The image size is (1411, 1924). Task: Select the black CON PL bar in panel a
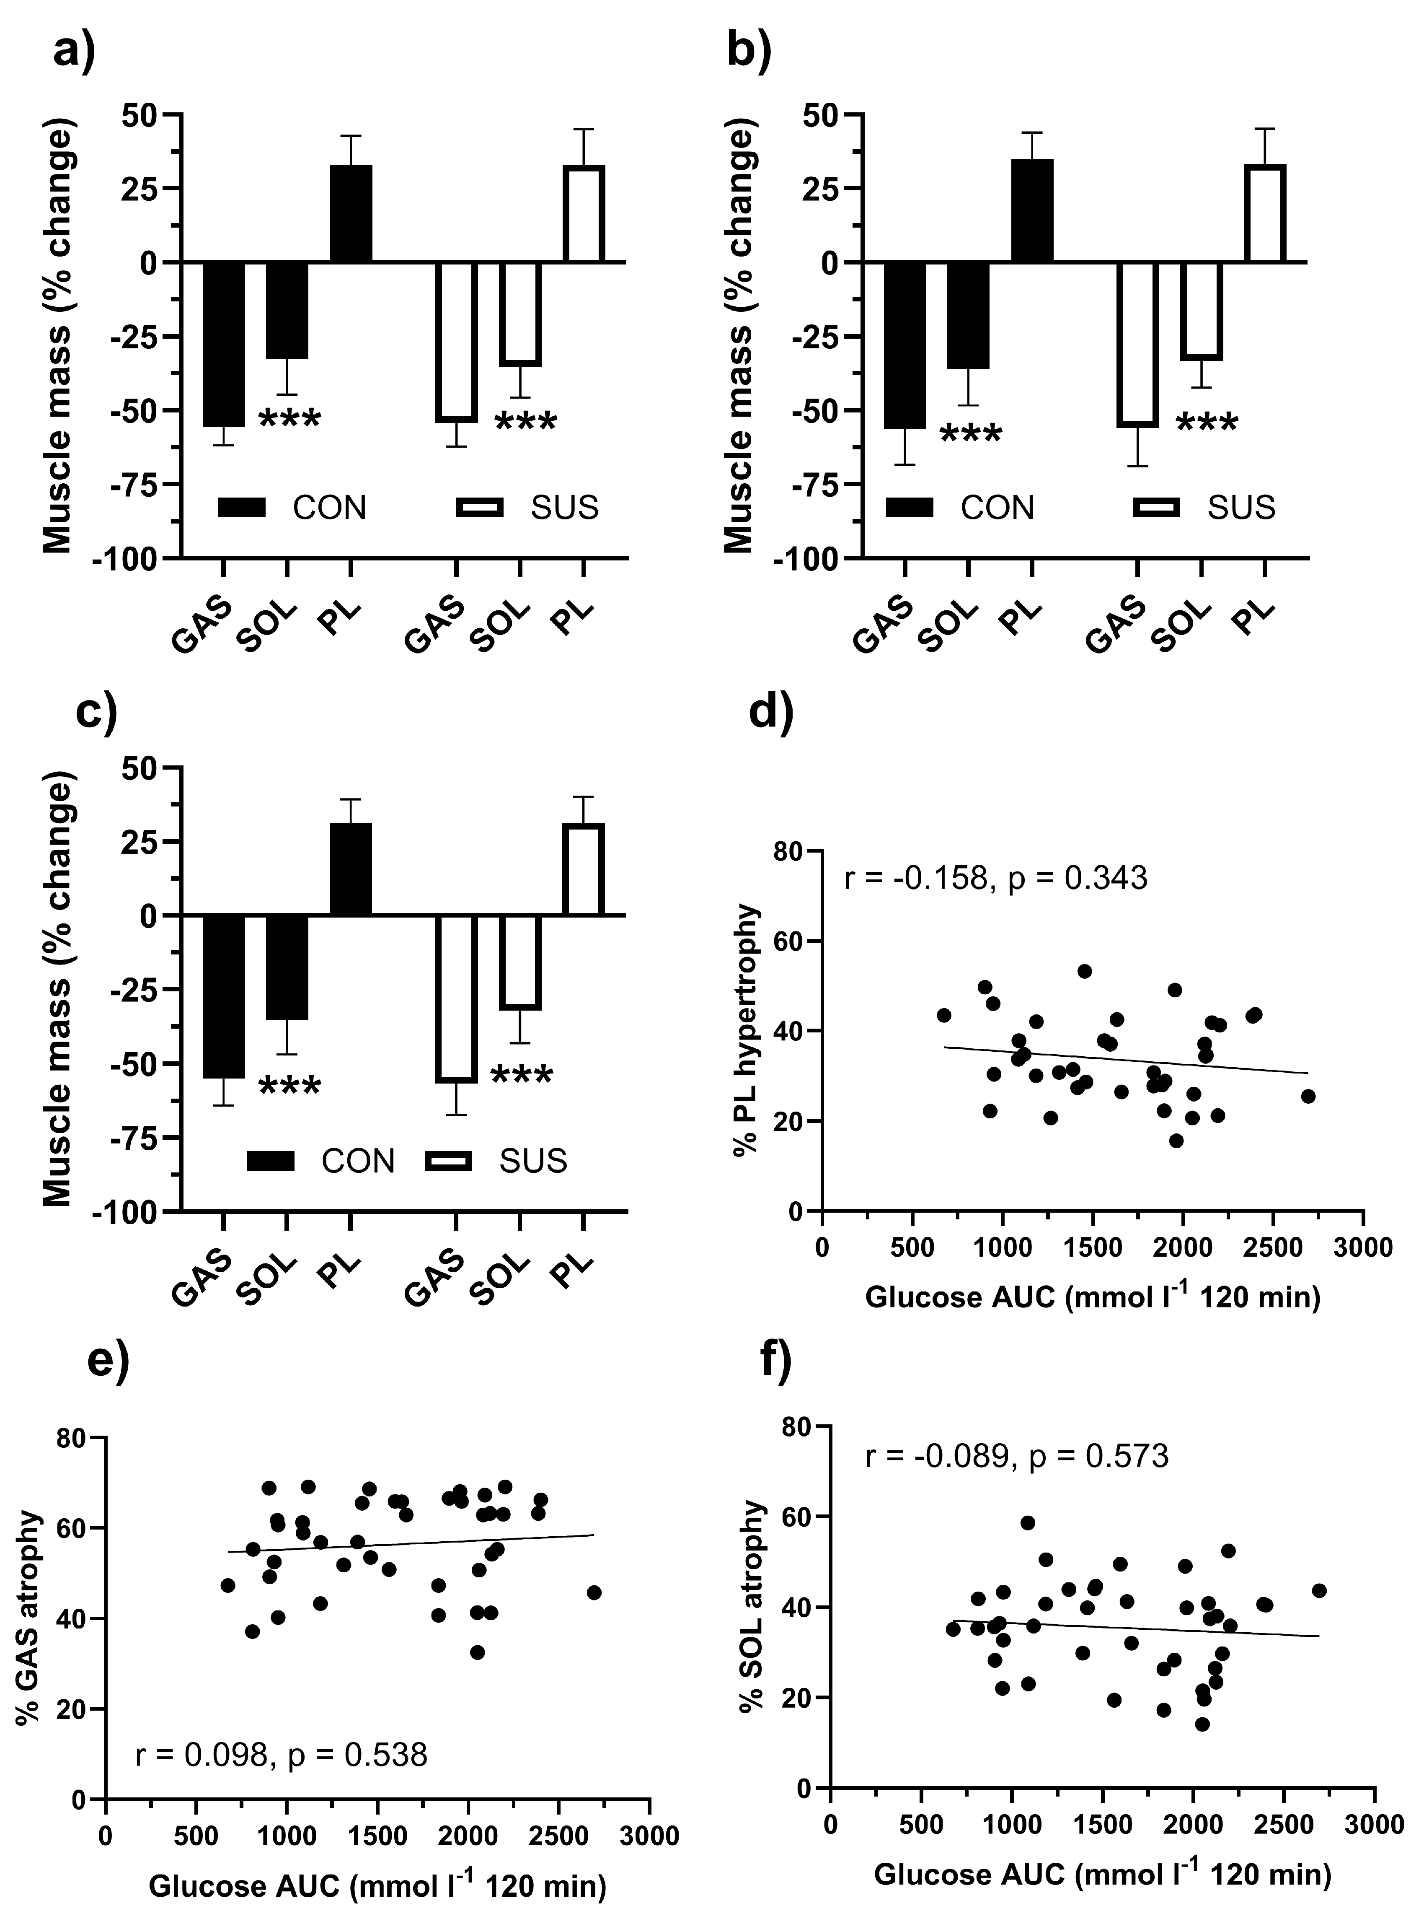pos(351,214)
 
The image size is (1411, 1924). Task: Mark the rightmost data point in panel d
pos(1308,1096)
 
